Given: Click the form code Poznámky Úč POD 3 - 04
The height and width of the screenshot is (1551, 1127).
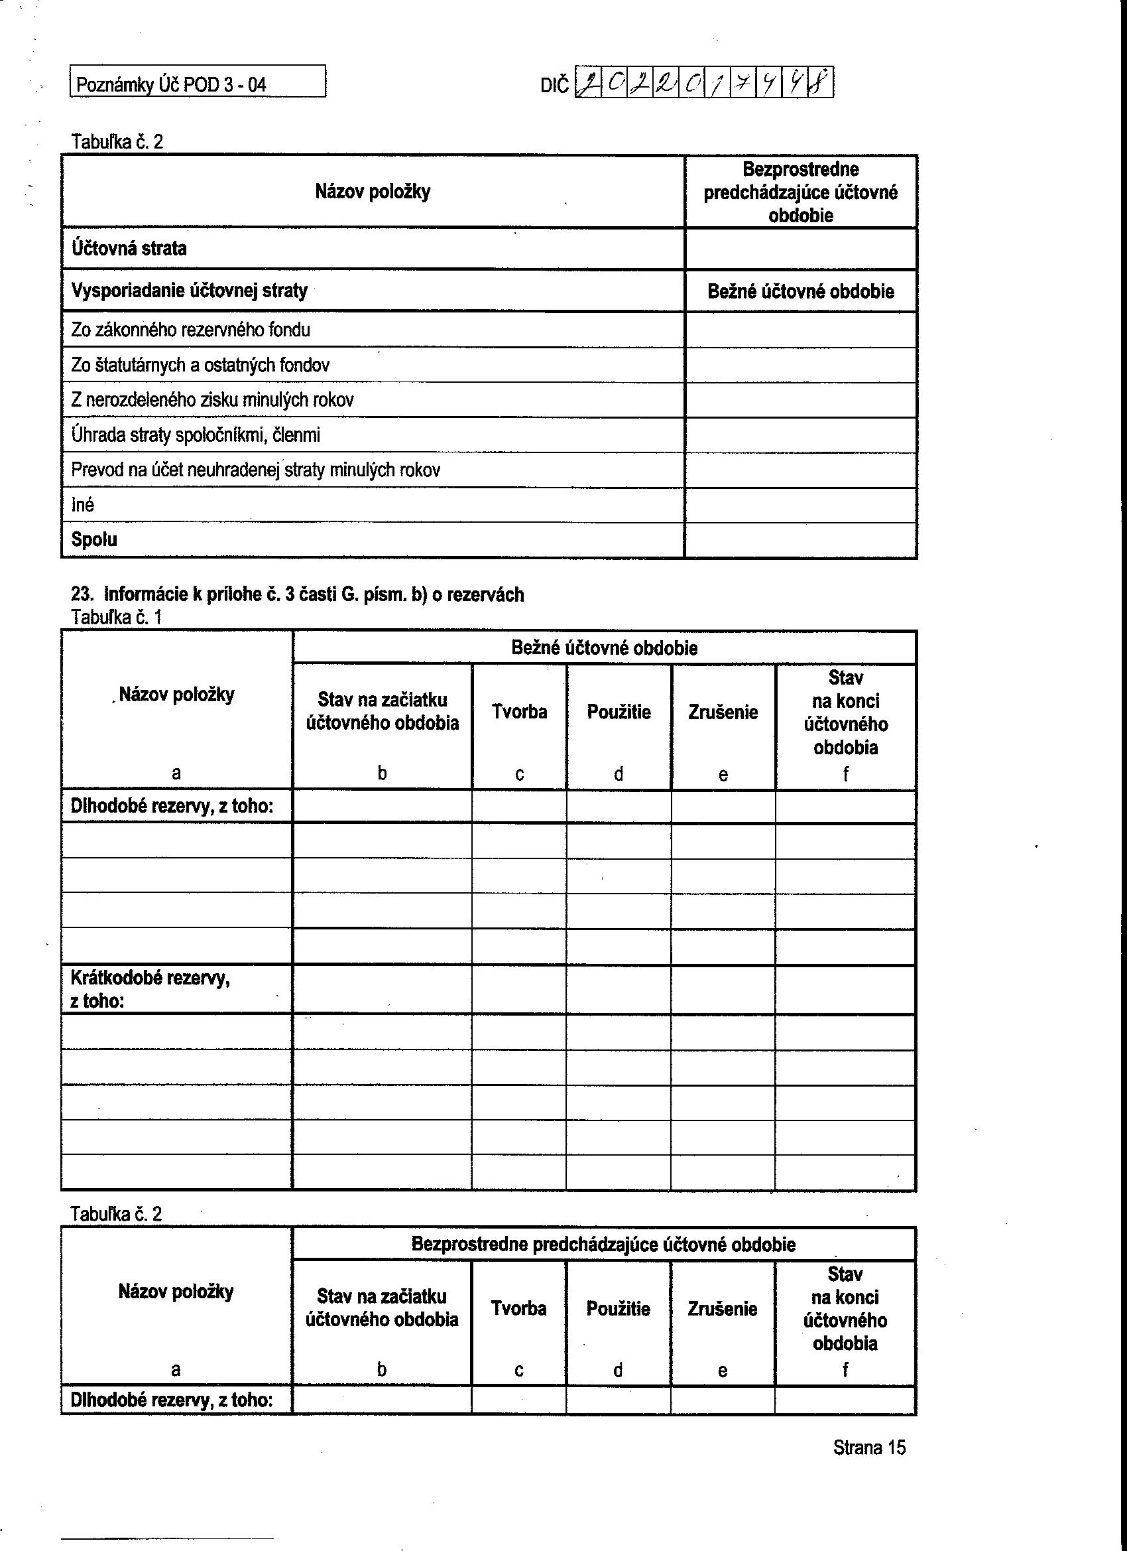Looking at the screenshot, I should point(171,85).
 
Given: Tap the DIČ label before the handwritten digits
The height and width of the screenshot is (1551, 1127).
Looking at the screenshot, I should point(554,86).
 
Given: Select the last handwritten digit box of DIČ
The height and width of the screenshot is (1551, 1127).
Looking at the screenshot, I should point(821,84).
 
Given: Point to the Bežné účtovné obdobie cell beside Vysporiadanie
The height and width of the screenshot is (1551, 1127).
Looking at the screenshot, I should point(800,292).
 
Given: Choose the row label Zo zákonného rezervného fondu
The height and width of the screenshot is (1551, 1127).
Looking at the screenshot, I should point(191,330).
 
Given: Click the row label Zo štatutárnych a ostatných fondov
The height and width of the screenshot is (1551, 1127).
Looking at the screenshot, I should point(200,365).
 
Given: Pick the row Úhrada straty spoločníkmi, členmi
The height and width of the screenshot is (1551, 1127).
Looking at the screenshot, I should point(196,435).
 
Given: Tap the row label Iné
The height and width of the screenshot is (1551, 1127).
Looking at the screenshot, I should point(83,506).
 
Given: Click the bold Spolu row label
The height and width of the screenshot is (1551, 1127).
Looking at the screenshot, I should point(94,539).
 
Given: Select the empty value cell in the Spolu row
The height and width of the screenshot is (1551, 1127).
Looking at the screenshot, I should point(800,540).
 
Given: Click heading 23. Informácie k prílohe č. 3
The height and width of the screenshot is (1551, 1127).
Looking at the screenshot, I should point(297,595).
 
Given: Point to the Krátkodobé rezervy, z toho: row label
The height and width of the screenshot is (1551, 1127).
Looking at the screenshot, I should point(150,990).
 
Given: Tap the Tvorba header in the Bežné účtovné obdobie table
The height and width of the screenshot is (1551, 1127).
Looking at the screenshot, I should point(520,712).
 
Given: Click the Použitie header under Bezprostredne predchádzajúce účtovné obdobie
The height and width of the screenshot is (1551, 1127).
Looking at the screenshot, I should point(618,1309).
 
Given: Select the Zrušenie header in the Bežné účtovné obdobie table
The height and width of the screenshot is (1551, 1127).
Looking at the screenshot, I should point(723,712).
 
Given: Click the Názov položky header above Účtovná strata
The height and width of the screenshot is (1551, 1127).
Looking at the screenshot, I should point(373,192).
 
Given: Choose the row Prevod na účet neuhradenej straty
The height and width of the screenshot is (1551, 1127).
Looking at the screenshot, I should point(256,470).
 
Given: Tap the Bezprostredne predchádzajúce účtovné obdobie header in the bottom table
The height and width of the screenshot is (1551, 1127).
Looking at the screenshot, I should point(603,1245).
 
